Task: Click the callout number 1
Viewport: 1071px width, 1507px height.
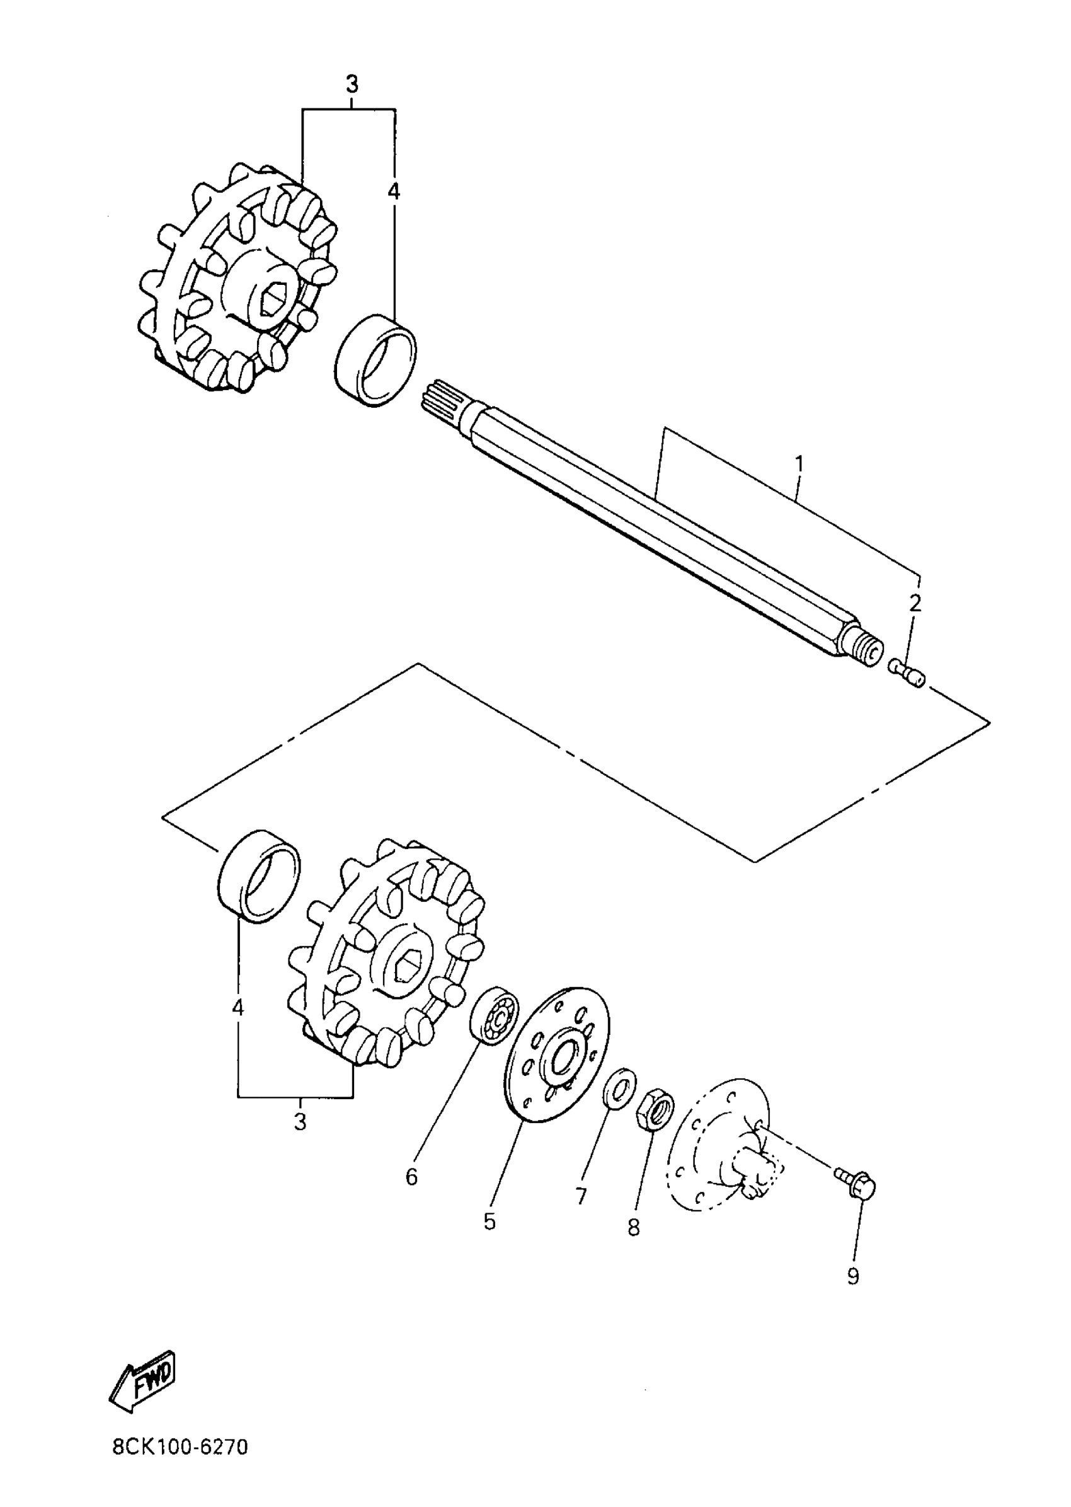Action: pos(799,465)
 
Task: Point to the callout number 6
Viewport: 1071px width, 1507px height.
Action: pos(411,1177)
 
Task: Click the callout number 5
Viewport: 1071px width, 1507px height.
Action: pos(489,1221)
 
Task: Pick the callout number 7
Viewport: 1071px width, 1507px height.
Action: pos(581,1196)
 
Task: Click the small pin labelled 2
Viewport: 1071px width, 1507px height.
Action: pos(908,673)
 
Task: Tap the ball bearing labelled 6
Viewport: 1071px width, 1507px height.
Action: pos(494,1025)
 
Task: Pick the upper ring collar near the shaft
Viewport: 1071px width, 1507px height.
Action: pos(376,361)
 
